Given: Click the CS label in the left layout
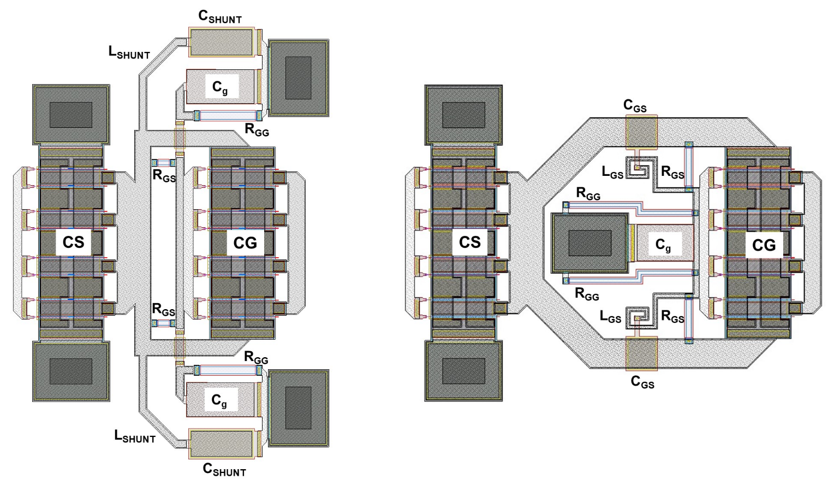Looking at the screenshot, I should [73, 242].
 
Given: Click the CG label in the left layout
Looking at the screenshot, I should [245, 242].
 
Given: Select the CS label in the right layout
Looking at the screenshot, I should [469, 242].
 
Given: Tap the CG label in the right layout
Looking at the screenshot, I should [764, 245].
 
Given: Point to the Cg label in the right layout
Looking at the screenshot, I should [663, 246].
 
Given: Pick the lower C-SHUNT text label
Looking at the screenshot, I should [224, 469].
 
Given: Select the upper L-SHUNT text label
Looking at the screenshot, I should [129, 52].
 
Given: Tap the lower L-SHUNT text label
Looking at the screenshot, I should [135, 436].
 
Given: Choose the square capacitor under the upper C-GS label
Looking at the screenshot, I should [641, 132].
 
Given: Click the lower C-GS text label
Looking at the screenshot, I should [642, 382].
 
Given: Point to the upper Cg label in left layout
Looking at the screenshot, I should [220, 87].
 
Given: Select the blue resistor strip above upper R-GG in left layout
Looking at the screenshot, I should [228, 116].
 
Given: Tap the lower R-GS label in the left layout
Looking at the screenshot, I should [163, 310].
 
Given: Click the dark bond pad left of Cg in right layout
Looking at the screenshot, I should [589, 243].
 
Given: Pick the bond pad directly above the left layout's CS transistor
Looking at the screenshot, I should [71, 115].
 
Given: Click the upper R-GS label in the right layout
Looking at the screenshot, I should [672, 172].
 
